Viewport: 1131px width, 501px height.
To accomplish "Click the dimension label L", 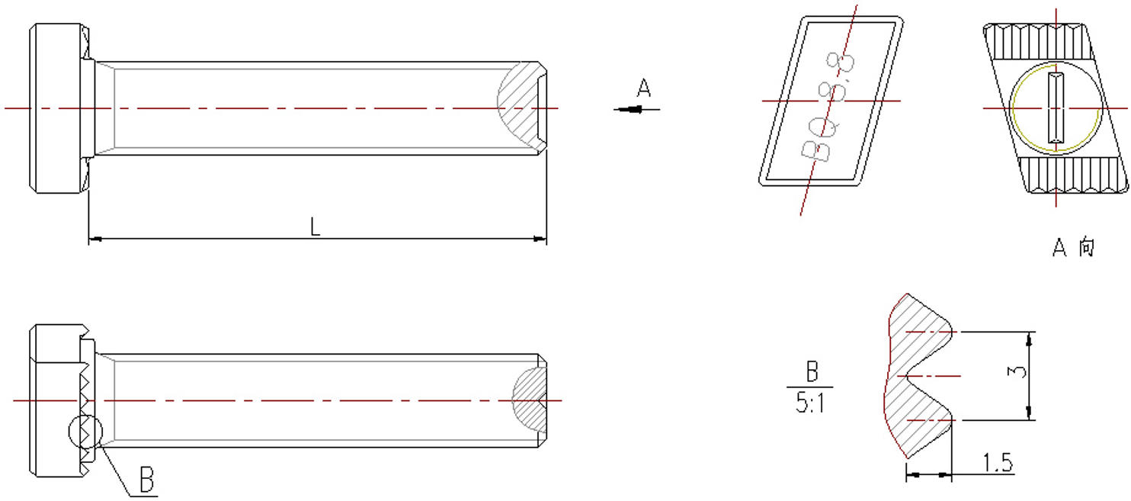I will point(315,226).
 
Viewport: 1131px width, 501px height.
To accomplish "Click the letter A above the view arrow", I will point(644,90).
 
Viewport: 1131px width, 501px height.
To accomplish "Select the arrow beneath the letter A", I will point(636,110).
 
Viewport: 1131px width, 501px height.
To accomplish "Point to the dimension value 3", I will point(1015,374).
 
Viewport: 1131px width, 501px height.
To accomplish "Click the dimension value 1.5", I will point(998,463).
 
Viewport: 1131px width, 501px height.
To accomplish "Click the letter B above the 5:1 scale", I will point(812,373).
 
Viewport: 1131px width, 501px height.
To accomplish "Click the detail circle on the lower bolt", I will point(85,432).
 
